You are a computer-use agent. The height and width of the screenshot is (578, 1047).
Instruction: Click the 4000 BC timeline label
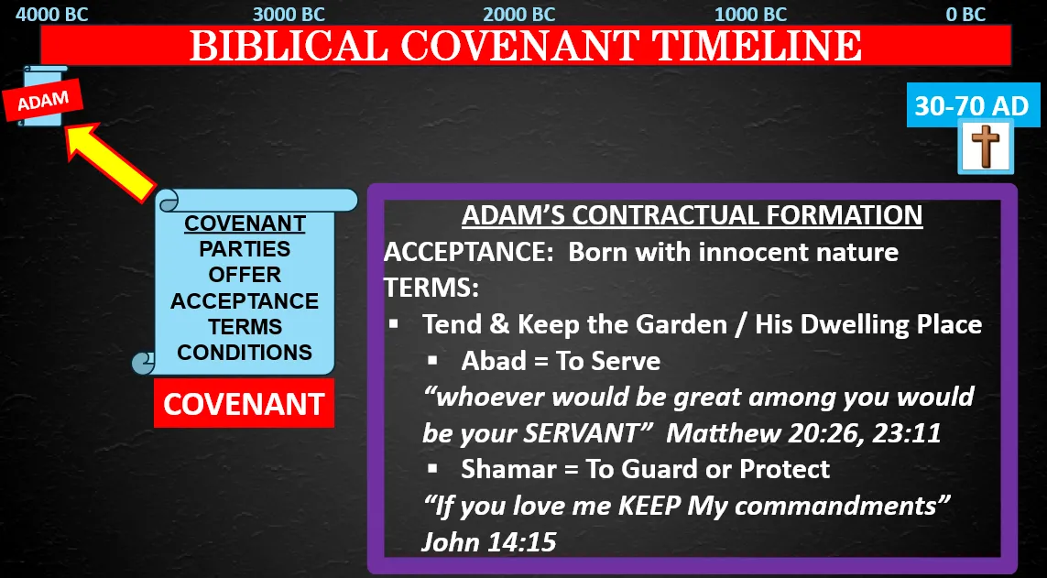pos(51,14)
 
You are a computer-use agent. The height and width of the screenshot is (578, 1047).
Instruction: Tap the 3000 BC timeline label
pos(289,14)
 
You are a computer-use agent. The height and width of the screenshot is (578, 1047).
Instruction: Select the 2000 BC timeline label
pos(519,14)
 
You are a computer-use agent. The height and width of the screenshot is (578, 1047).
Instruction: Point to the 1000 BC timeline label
pos(750,14)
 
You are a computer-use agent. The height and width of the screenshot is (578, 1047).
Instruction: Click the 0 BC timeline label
pos(965,14)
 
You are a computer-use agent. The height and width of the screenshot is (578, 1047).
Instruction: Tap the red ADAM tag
pos(43,101)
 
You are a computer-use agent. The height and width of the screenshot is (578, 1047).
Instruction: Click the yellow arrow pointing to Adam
pos(110,160)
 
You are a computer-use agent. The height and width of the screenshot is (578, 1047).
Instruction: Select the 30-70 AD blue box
pos(972,105)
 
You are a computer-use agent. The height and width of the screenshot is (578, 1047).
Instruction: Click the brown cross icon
pos(986,147)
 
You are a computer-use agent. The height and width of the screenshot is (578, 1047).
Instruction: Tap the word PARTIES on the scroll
pos(245,249)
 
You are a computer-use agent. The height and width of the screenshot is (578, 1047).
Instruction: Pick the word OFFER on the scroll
pos(245,275)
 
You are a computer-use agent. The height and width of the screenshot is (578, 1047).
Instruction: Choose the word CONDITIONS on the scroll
pos(245,353)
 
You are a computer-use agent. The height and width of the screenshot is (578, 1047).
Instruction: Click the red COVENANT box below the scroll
pos(244,404)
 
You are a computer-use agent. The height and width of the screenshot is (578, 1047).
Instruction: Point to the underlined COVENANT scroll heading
pos(245,224)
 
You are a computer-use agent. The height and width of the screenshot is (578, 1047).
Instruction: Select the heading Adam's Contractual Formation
pos(692,215)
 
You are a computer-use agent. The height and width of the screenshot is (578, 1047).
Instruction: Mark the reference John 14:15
pos(489,542)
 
